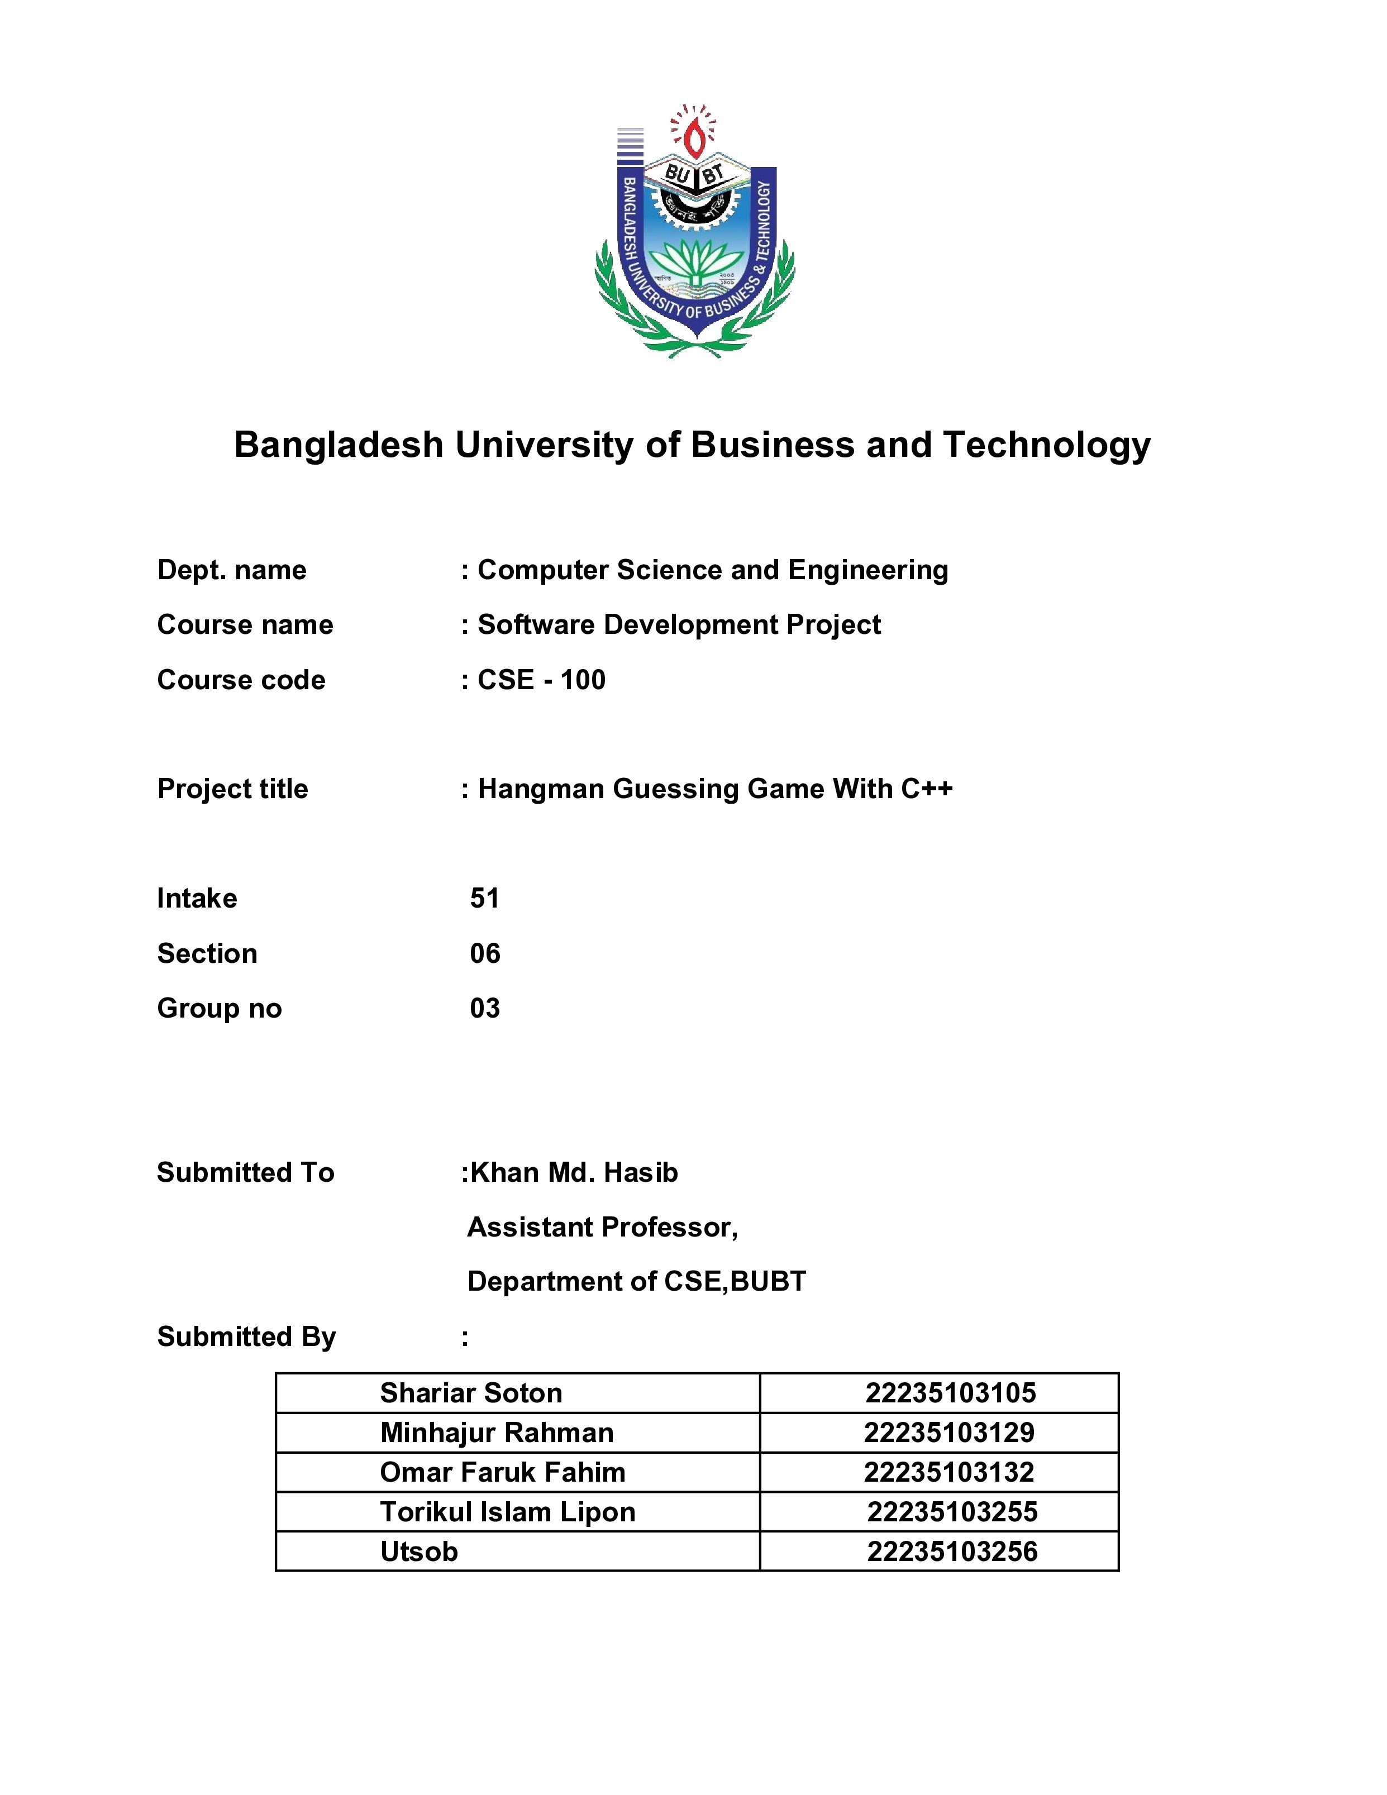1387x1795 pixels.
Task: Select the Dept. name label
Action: click(x=231, y=570)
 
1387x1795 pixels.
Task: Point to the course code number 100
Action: click(x=583, y=680)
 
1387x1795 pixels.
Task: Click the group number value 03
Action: click(x=484, y=1009)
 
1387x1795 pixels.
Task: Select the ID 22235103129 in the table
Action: click(x=949, y=1433)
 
